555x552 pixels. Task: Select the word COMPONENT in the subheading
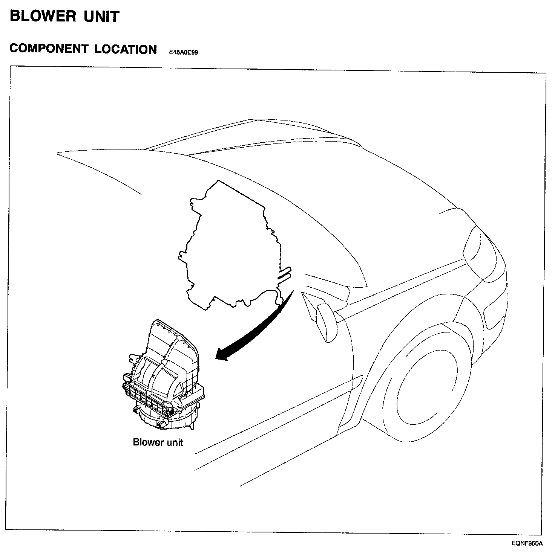point(48,49)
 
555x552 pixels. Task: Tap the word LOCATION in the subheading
point(126,49)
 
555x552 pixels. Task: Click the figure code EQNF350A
point(527,543)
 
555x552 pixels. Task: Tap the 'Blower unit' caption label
point(158,442)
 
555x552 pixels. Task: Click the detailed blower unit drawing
point(164,377)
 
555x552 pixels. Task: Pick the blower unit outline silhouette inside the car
point(230,249)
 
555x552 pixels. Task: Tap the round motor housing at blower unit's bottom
point(166,418)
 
